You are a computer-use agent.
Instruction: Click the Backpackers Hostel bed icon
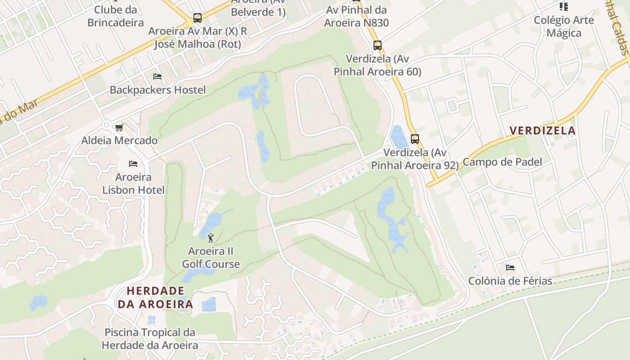157,76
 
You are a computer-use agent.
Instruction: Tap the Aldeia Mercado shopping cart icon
119,127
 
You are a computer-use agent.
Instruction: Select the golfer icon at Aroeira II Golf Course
211,238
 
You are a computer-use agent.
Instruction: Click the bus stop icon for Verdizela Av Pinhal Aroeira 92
415,139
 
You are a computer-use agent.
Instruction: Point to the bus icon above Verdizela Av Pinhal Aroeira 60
378,45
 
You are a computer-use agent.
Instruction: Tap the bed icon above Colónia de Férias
510,268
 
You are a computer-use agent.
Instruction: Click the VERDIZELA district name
542,131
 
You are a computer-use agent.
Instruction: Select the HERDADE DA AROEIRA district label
155,297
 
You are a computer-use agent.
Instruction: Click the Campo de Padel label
502,162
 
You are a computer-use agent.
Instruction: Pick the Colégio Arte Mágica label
564,27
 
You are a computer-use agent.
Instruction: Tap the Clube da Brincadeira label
116,16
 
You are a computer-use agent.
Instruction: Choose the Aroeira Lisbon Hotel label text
133,184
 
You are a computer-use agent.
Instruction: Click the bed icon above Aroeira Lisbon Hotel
133,163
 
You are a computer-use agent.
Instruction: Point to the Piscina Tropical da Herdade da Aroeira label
150,339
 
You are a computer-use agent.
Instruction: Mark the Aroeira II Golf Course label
211,257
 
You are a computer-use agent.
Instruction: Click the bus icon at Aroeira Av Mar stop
197,18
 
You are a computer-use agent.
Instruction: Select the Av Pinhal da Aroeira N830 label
356,16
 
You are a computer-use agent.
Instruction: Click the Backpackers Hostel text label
157,90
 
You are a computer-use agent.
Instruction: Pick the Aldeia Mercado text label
119,140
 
